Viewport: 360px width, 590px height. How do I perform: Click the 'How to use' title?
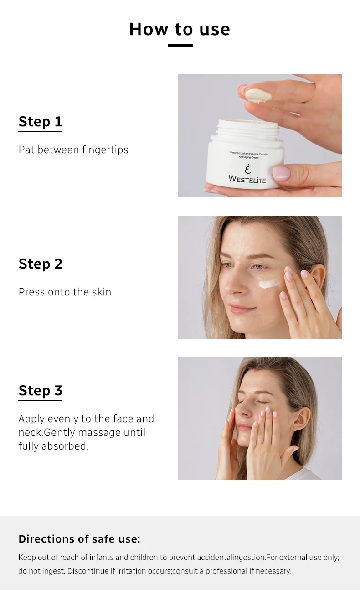point(180,29)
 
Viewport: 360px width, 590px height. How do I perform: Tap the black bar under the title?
point(180,45)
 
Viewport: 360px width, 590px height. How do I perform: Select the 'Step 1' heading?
point(40,122)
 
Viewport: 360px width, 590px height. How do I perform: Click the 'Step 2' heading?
point(40,264)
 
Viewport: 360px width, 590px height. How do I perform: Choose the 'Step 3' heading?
point(40,391)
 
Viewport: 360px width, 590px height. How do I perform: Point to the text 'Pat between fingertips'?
point(73,150)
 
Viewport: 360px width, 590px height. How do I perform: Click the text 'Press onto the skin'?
point(65,292)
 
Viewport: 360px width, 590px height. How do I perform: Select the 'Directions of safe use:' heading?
point(79,539)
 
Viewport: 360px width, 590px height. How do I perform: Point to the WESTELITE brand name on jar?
point(247,179)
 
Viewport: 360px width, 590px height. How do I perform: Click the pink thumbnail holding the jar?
point(281,173)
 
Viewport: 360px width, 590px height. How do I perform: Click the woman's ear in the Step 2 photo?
point(318,278)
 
